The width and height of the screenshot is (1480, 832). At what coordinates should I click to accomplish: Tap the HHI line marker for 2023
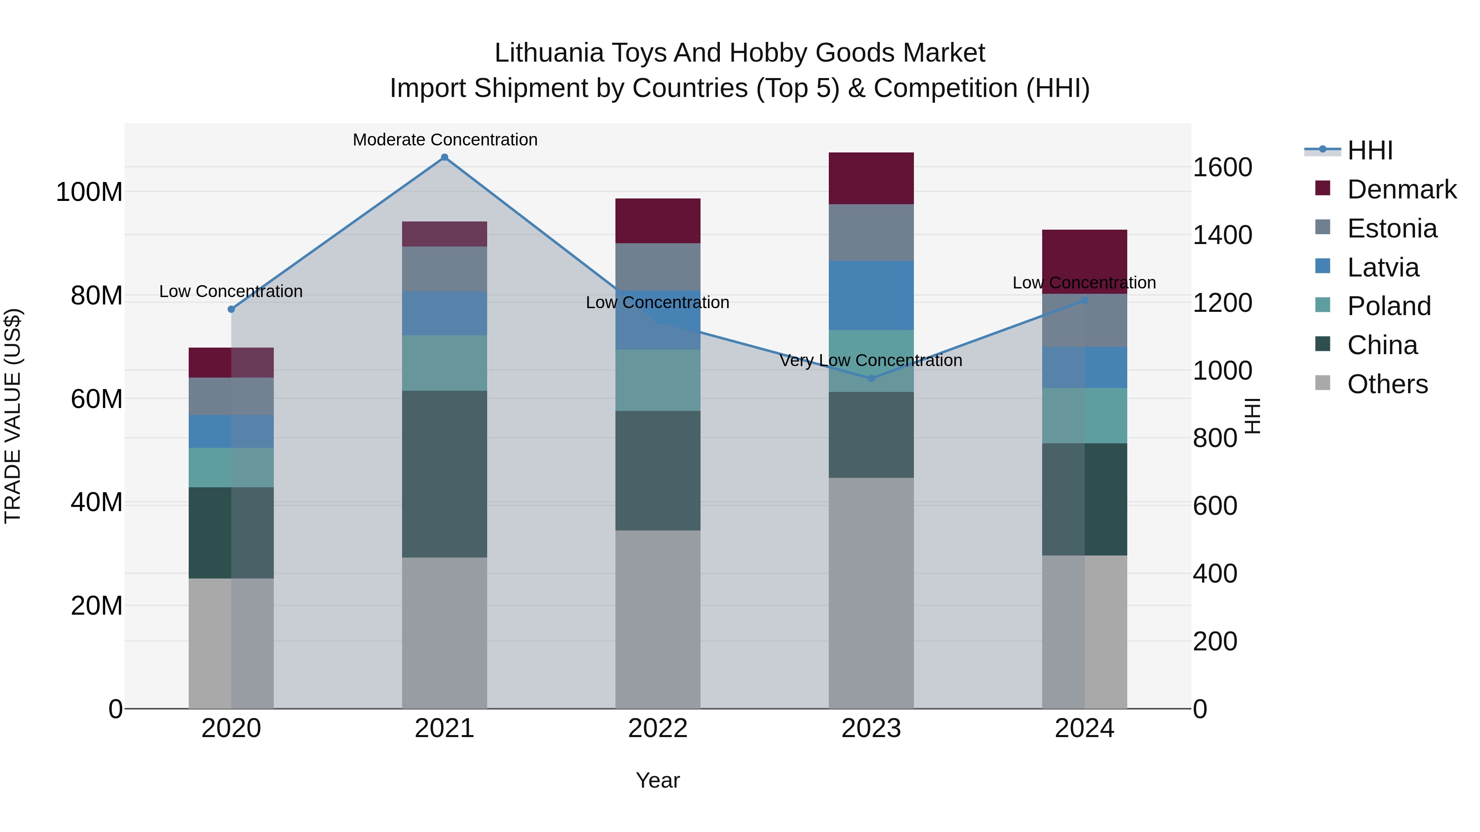pyautogui.click(x=871, y=378)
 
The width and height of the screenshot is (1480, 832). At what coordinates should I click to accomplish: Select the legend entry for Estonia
pyautogui.click(x=1392, y=228)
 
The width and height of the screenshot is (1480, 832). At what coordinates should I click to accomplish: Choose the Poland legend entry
pyautogui.click(x=1389, y=306)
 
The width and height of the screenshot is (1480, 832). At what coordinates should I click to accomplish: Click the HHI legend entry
pyautogui.click(x=1370, y=150)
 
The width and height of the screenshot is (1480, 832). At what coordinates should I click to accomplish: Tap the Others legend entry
pyautogui.click(x=1387, y=384)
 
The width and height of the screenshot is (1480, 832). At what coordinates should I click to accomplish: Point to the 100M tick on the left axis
pyautogui.click(x=89, y=192)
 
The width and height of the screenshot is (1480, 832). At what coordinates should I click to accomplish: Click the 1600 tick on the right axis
pyautogui.click(x=1222, y=168)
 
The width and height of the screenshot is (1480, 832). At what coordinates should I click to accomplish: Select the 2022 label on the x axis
pyautogui.click(x=658, y=728)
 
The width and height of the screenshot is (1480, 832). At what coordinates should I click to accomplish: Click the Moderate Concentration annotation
pyautogui.click(x=445, y=140)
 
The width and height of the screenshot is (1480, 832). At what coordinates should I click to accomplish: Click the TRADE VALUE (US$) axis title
pyautogui.click(x=13, y=416)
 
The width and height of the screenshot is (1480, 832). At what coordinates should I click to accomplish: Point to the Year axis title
pyautogui.click(x=658, y=780)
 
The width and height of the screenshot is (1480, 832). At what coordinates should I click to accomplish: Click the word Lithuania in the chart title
pyautogui.click(x=549, y=53)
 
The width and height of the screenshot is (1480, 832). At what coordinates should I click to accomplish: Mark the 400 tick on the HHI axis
pyautogui.click(x=1214, y=573)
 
